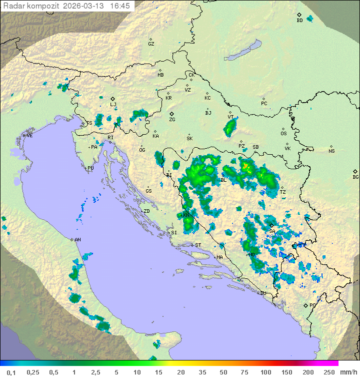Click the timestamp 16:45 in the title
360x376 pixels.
(x=120, y=6)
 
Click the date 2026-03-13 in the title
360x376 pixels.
(x=84, y=6)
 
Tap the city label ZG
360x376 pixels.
(x=172, y=120)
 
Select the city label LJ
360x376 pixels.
(x=113, y=104)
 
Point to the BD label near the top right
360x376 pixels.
(x=299, y=20)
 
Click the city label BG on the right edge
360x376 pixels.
(x=355, y=177)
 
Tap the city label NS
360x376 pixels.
(x=331, y=151)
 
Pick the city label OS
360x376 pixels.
(x=283, y=133)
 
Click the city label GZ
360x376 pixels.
(x=151, y=44)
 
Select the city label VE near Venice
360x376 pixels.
(x=29, y=135)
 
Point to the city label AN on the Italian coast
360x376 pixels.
(x=77, y=240)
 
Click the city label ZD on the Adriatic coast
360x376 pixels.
(x=146, y=211)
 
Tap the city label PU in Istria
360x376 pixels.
(x=90, y=168)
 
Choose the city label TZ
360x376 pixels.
(x=282, y=192)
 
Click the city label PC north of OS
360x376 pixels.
(x=264, y=103)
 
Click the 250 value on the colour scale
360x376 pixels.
(x=329, y=372)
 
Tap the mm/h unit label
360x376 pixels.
(x=348, y=372)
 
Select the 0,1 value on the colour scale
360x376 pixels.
(x=10, y=372)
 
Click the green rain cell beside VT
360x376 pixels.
(x=230, y=128)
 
